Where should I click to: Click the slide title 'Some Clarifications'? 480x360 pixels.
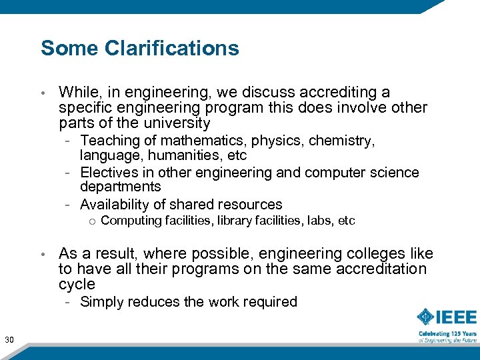point(139,48)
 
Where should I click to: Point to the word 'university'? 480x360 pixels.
point(177,123)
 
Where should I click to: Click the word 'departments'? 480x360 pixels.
point(120,187)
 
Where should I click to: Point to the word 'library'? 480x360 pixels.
point(235,221)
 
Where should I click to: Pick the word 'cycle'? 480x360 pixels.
point(77,285)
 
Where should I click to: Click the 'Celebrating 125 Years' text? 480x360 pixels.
point(447,333)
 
